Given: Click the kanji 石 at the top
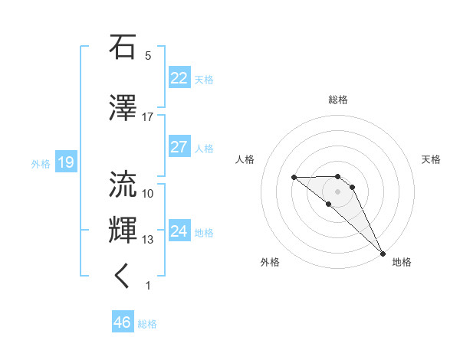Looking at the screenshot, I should pyautogui.click(x=123, y=47).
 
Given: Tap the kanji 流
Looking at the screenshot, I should pyautogui.click(x=123, y=184).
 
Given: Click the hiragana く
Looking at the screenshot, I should pyautogui.click(x=123, y=277).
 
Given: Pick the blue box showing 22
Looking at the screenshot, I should pyautogui.click(x=179, y=78).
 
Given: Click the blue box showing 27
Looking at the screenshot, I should pyautogui.click(x=179, y=147).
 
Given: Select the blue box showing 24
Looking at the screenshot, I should pyautogui.click(x=179, y=231).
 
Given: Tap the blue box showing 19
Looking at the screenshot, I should pyautogui.click(x=65, y=162).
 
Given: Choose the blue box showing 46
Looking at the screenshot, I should pyautogui.click(x=122, y=322).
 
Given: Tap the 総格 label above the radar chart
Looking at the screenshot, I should pyautogui.click(x=338, y=100).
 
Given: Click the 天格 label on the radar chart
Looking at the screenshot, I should pyautogui.click(x=431, y=159).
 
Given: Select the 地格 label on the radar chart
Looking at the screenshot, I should pyautogui.click(x=402, y=262).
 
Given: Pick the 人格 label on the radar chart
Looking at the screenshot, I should pyautogui.click(x=245, y=159).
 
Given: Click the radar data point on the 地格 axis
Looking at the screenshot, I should pyautogui.click(x=383, y=253).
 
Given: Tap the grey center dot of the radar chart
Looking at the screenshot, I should pyautogui.click(x=338, y=191).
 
